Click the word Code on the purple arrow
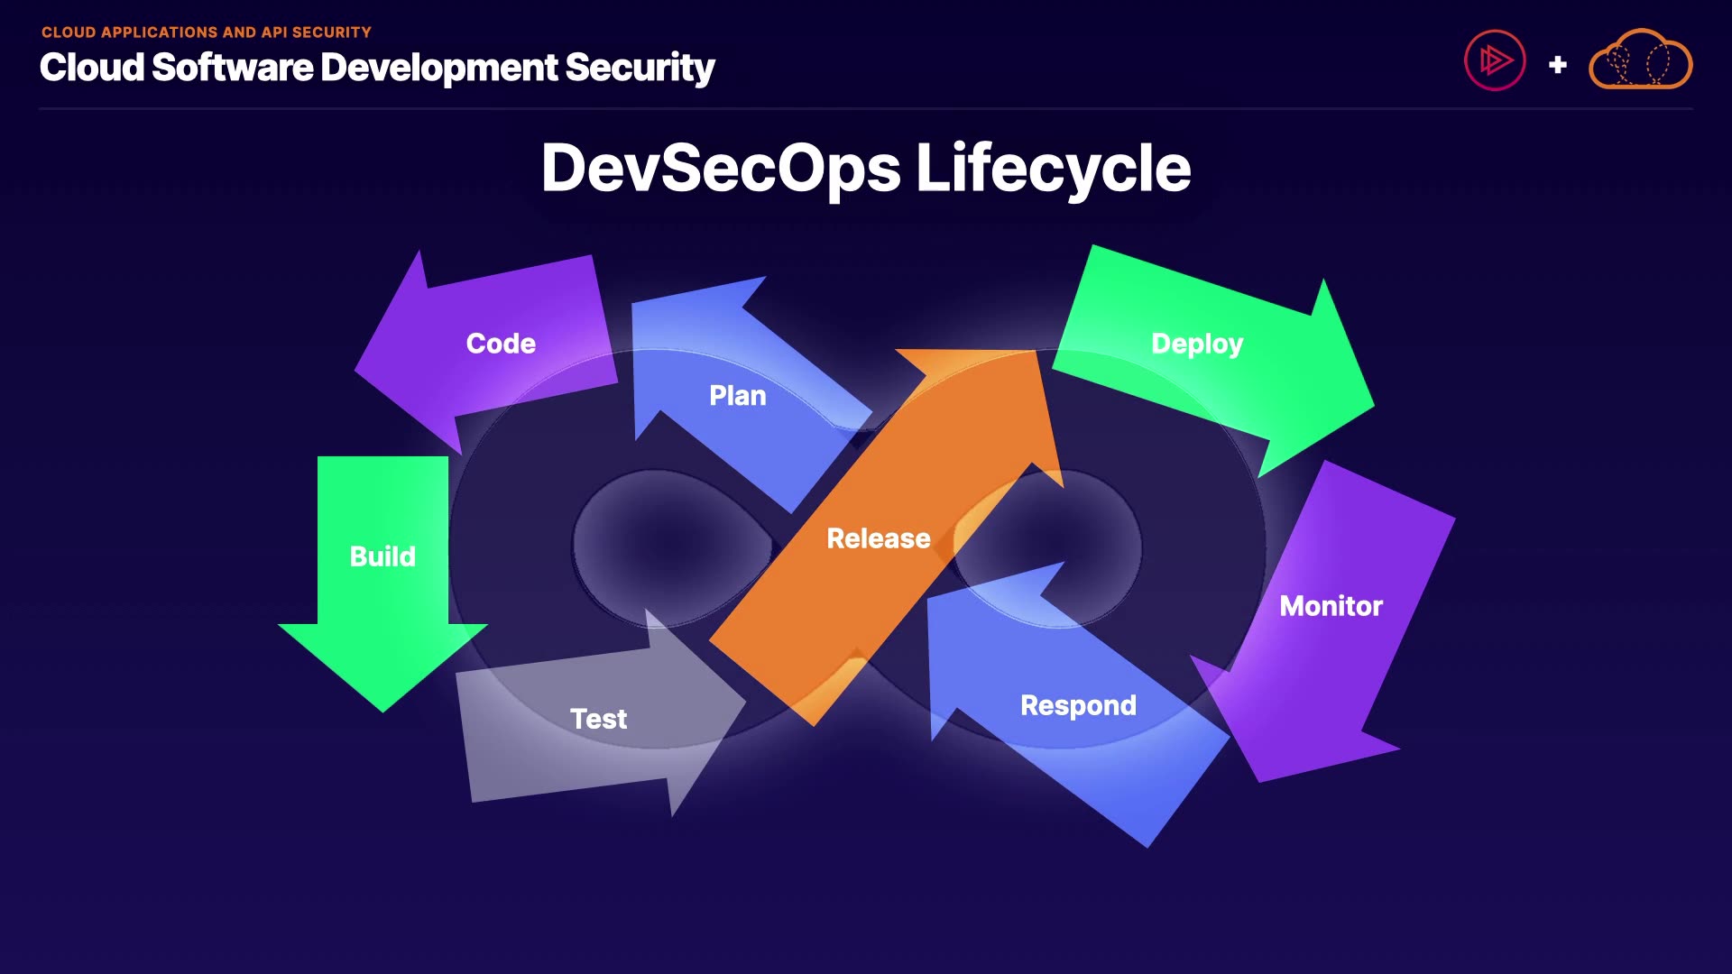[501, 344]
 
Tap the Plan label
[737, 396]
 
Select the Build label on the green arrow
[382, 556]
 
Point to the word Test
[598, 719]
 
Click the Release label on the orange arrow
[878, 538]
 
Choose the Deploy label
[1197, 344]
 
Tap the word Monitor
[1331, 606]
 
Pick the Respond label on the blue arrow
[1078, 705]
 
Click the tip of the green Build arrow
[383, 709]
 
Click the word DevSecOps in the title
[721, 169]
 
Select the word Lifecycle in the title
[1053, 169]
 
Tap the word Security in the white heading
[640, 68]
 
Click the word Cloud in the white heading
[92, 68]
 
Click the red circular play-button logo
[1495, 60]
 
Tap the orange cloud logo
[1640, 60]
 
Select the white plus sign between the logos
[1557, 65]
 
